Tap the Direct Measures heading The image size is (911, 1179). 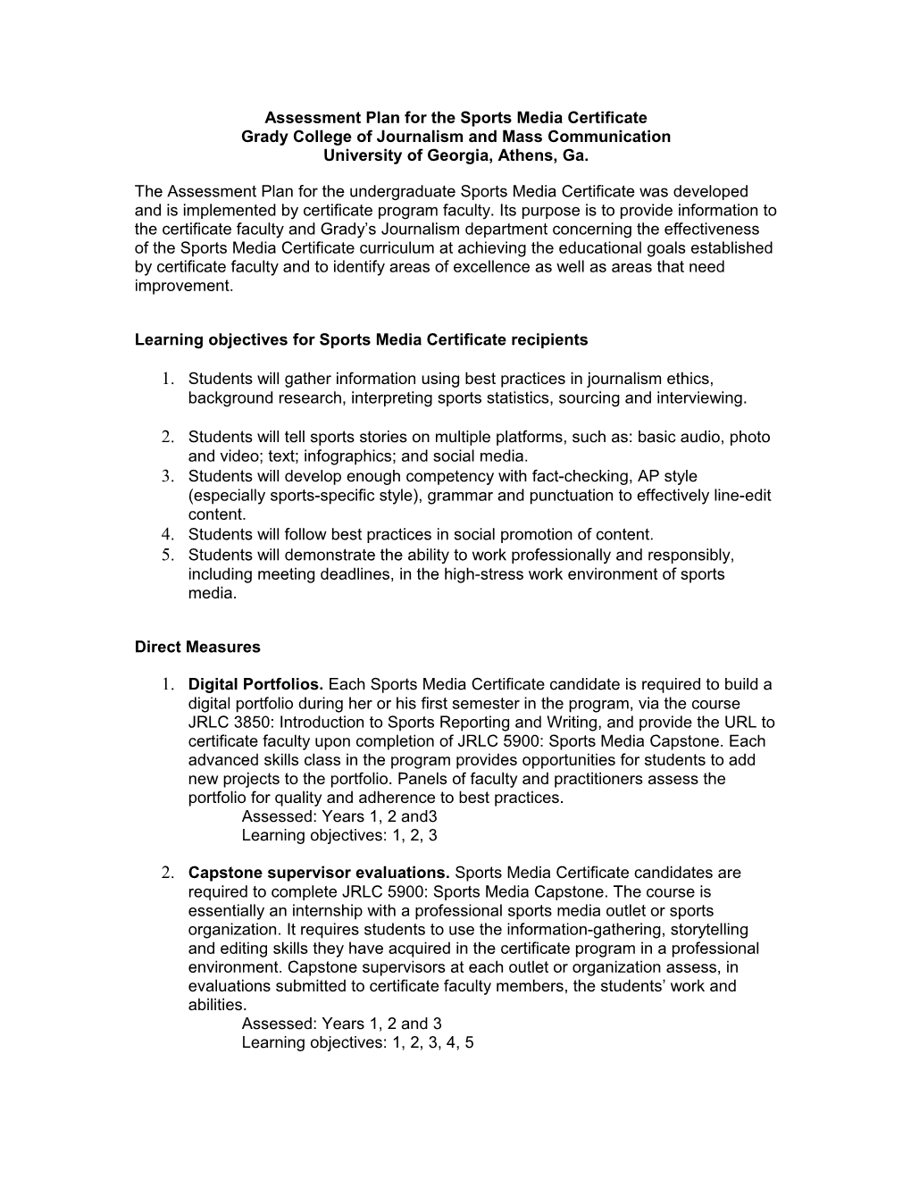pos(197,647)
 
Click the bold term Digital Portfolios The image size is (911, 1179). pos(256,685)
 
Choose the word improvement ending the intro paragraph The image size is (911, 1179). pos(182,286)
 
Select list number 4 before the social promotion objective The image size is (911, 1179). pos(167,534)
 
